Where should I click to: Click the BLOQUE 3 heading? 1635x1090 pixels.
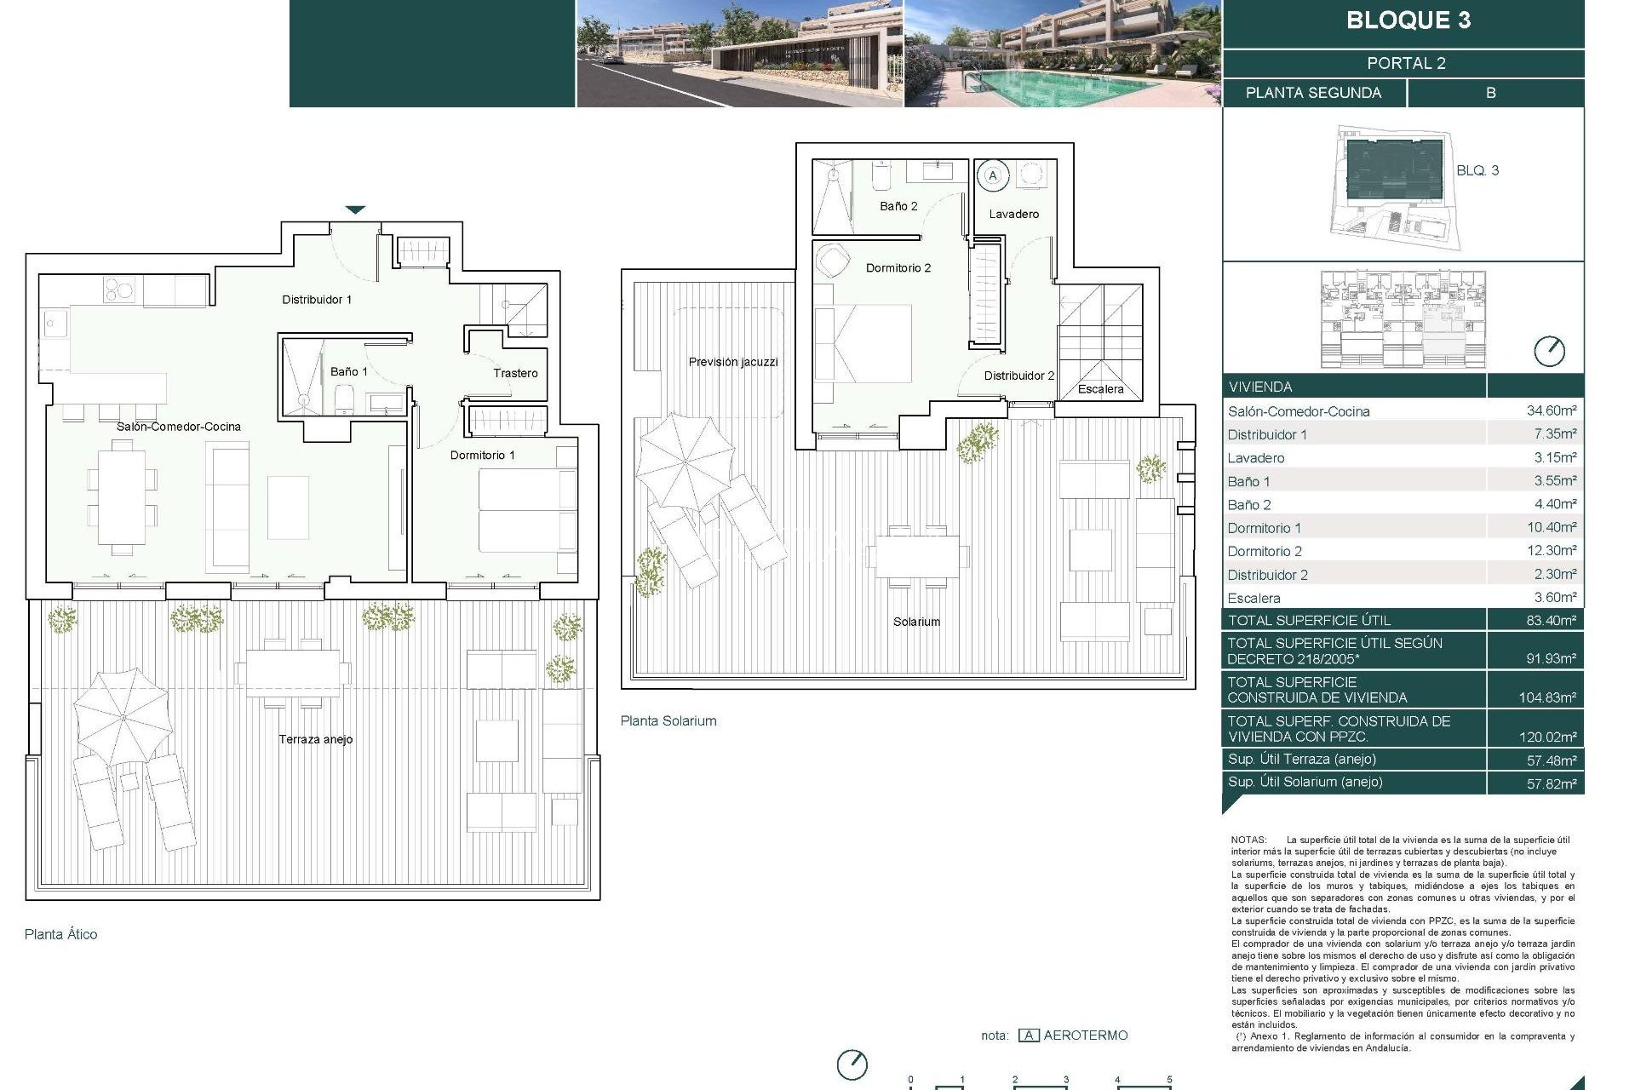pos(1408,20)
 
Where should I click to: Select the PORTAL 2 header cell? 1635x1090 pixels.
pos(1406,63)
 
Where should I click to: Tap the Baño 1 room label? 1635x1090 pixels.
pos(348,371)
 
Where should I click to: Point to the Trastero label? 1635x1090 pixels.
pos(515,373)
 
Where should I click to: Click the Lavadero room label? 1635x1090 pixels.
pos(1013,214)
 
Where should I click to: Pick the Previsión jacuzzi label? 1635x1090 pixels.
pos(732,362)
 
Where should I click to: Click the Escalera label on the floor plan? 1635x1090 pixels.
pos(1100,389)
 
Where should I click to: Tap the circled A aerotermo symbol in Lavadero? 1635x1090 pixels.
pos(992,175)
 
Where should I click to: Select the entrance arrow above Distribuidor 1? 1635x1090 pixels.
pos(355,209)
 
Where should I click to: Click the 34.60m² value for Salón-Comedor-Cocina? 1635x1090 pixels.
pos(1551,410)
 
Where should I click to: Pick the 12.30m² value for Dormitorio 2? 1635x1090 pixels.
pos(1551,551)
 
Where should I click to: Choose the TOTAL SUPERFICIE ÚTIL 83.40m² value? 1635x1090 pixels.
pos(1551,621)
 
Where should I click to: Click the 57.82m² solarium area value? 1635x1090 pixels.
pos(1551,783)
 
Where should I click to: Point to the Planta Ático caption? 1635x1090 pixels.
pos(60,934)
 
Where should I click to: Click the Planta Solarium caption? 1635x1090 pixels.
pos(668,720)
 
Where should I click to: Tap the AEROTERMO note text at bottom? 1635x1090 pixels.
pos(1085,1035)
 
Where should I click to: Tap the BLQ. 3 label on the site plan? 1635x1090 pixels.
pos(1477,170)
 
